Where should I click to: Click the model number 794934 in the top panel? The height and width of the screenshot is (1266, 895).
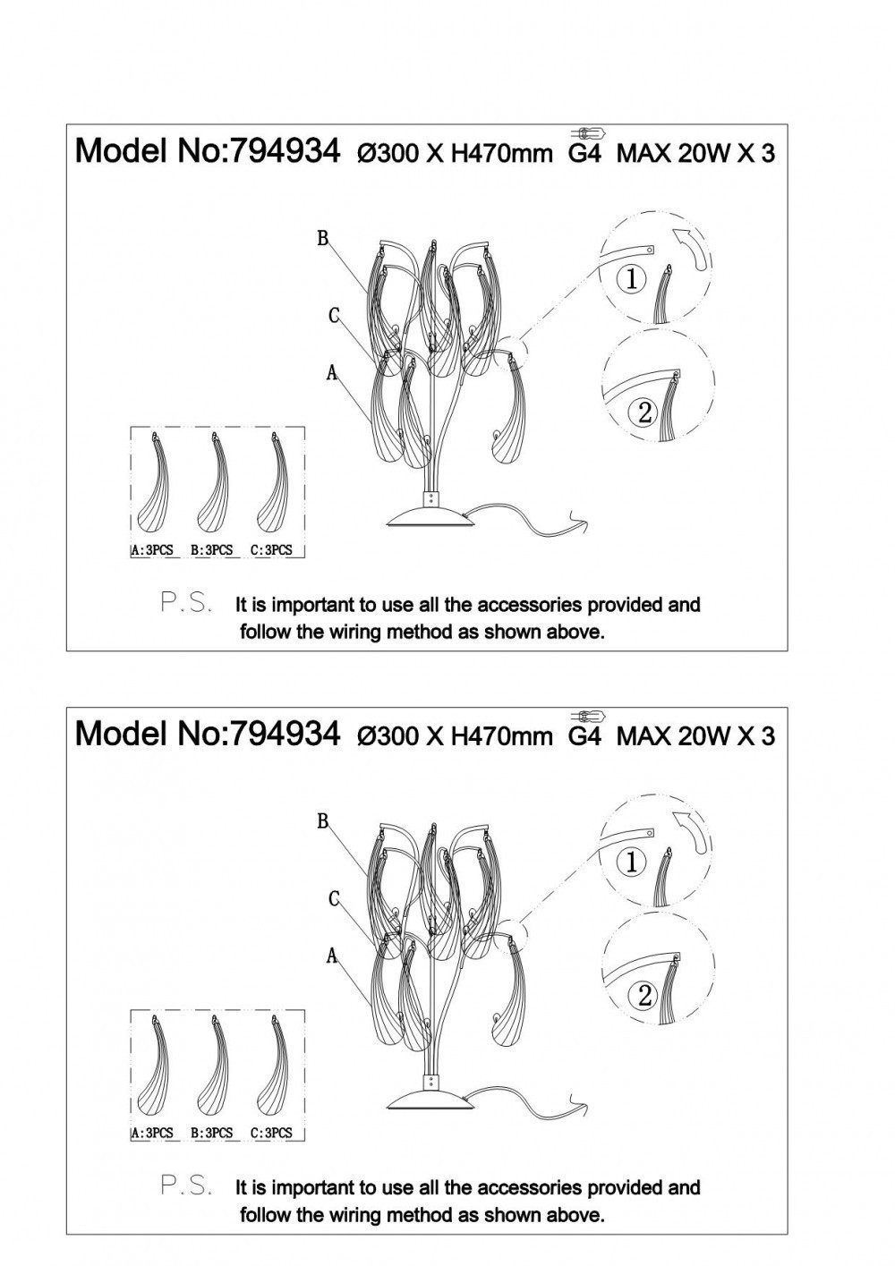pyautogui.click(x=286, y=151)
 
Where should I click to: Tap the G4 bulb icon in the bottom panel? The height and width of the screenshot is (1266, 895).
pyautogui.click(x=588, y=717)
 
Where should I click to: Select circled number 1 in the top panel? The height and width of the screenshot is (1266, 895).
pyautogui.click(x=632, y=278)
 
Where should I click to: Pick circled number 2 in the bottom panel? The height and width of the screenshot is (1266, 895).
pyautogui.click(x=645, y=995)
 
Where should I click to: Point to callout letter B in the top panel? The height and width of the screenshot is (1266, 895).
pyautogui.click(x=323, y=239)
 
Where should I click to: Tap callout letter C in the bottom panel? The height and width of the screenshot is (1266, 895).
pyautogui.click(x=334, y=898)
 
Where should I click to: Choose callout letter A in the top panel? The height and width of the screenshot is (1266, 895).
pyautogui.click(x=332, y=372)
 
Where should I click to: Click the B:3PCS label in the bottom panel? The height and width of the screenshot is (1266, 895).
pyautogui.click(x=212, y=1134)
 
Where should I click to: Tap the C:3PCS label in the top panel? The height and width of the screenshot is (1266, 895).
pyautogui.click(x=271, y=550)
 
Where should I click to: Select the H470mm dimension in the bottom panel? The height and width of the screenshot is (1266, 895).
pyautogui.click(x=502, y=736)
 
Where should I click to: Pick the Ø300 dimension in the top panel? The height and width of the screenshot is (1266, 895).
pyautogui.click(x=385, y=153)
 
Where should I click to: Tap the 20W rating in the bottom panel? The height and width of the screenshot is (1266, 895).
pyautogui.click(x=703, y=736)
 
